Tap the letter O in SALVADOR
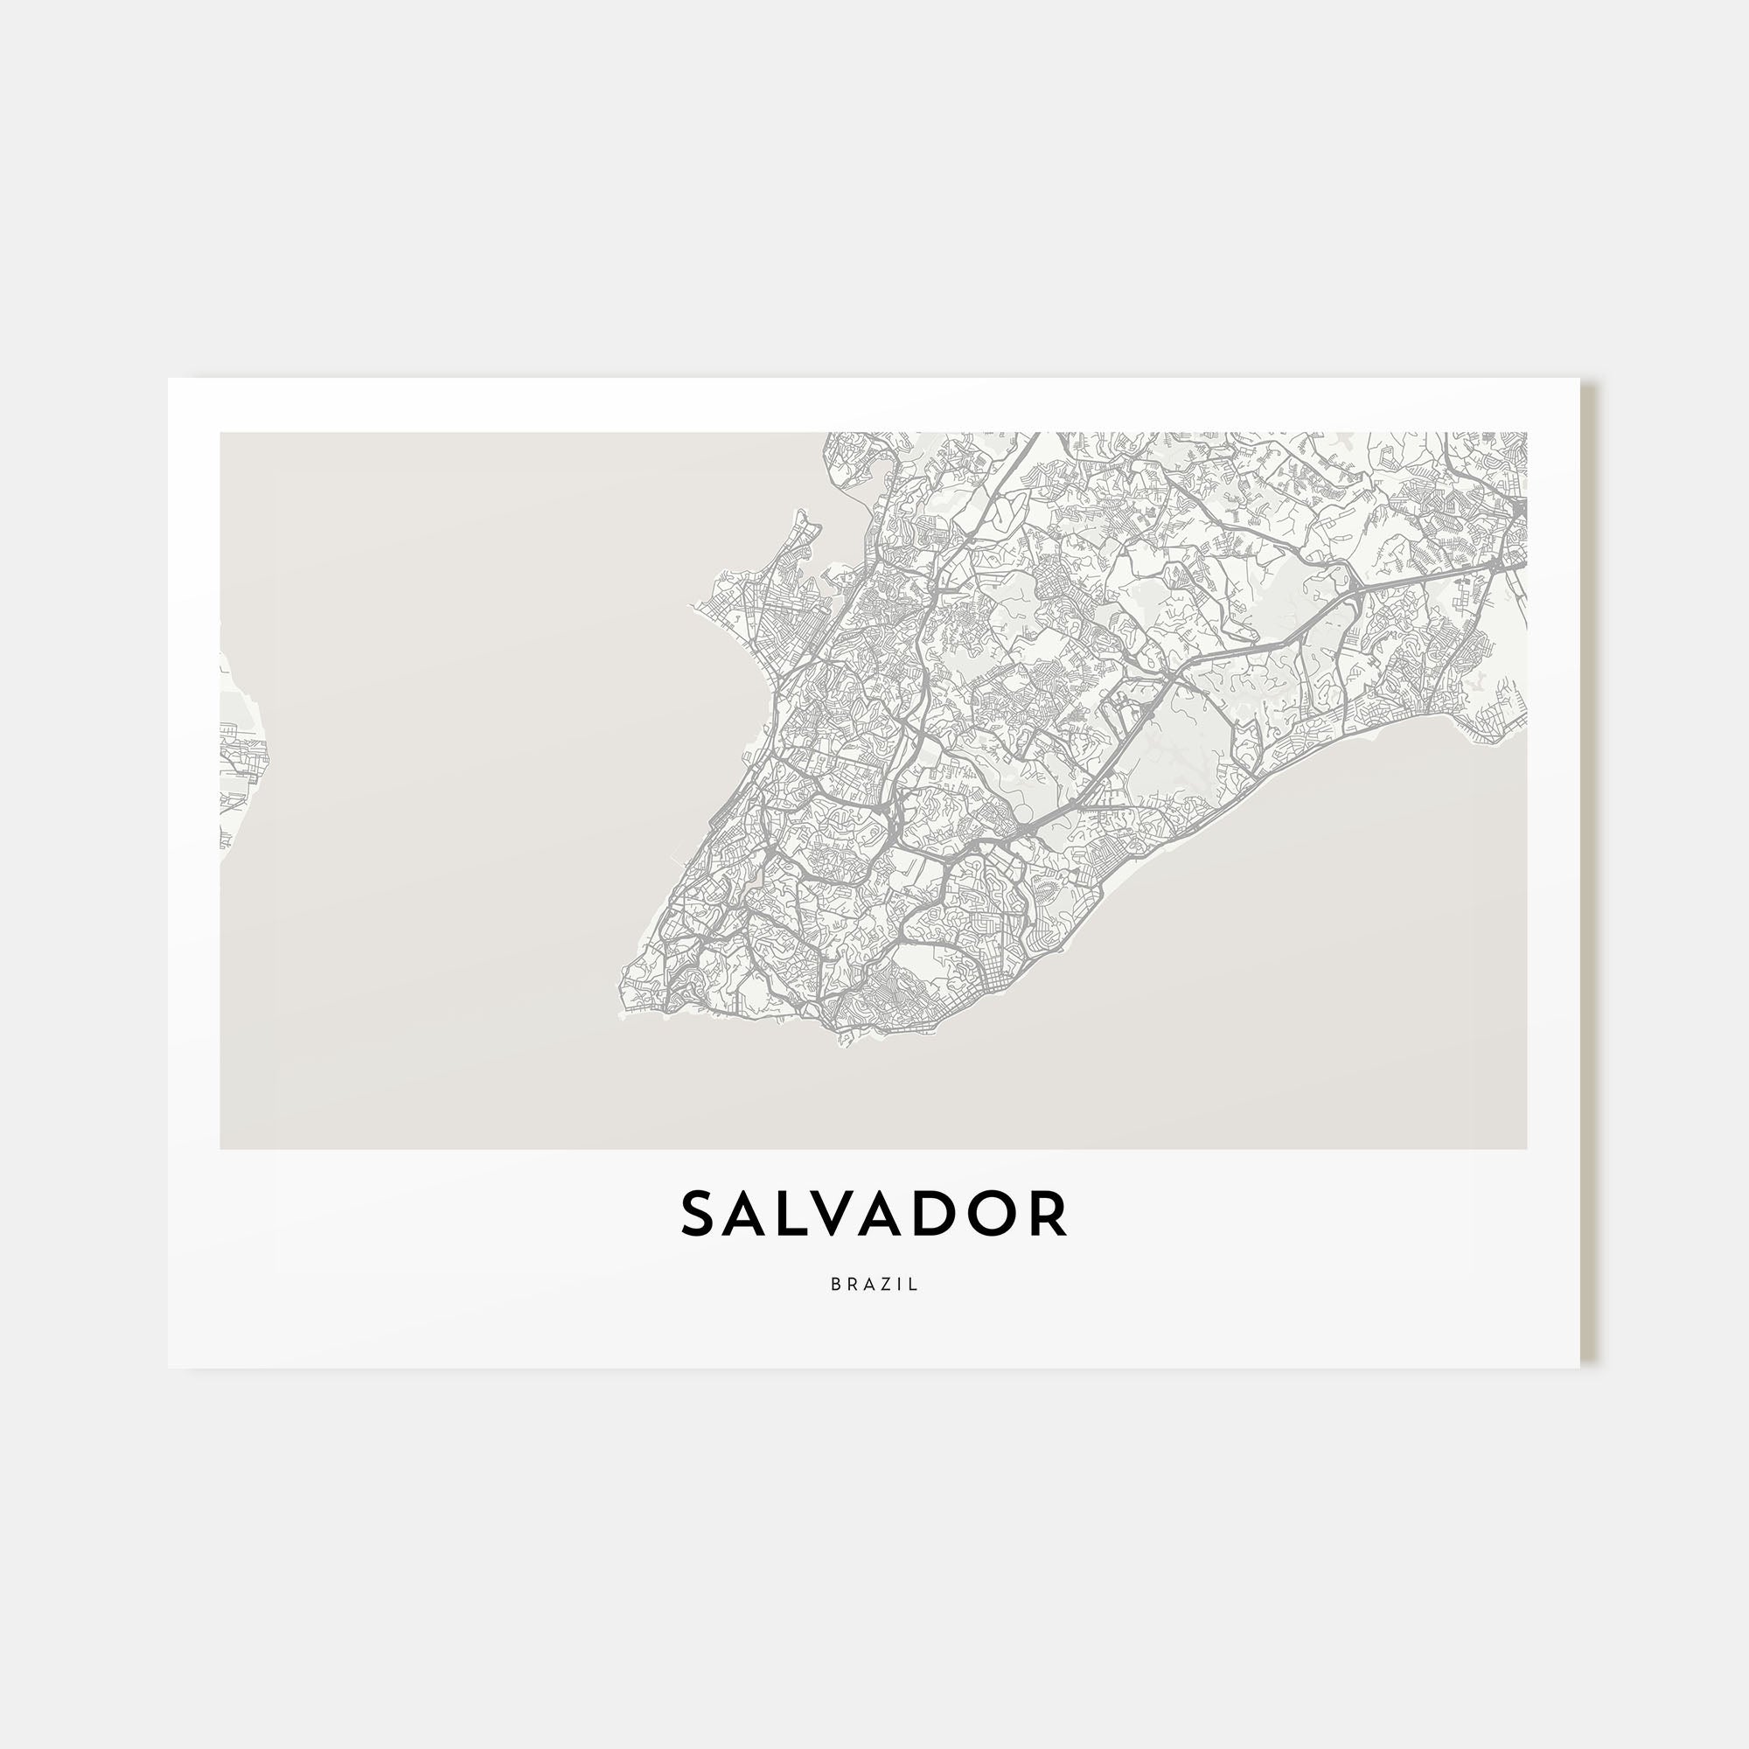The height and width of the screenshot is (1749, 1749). [x=1000, y=1214]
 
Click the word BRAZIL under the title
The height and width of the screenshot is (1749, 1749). [x=874, y=1284]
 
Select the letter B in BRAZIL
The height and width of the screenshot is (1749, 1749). [x=835, y=1284]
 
